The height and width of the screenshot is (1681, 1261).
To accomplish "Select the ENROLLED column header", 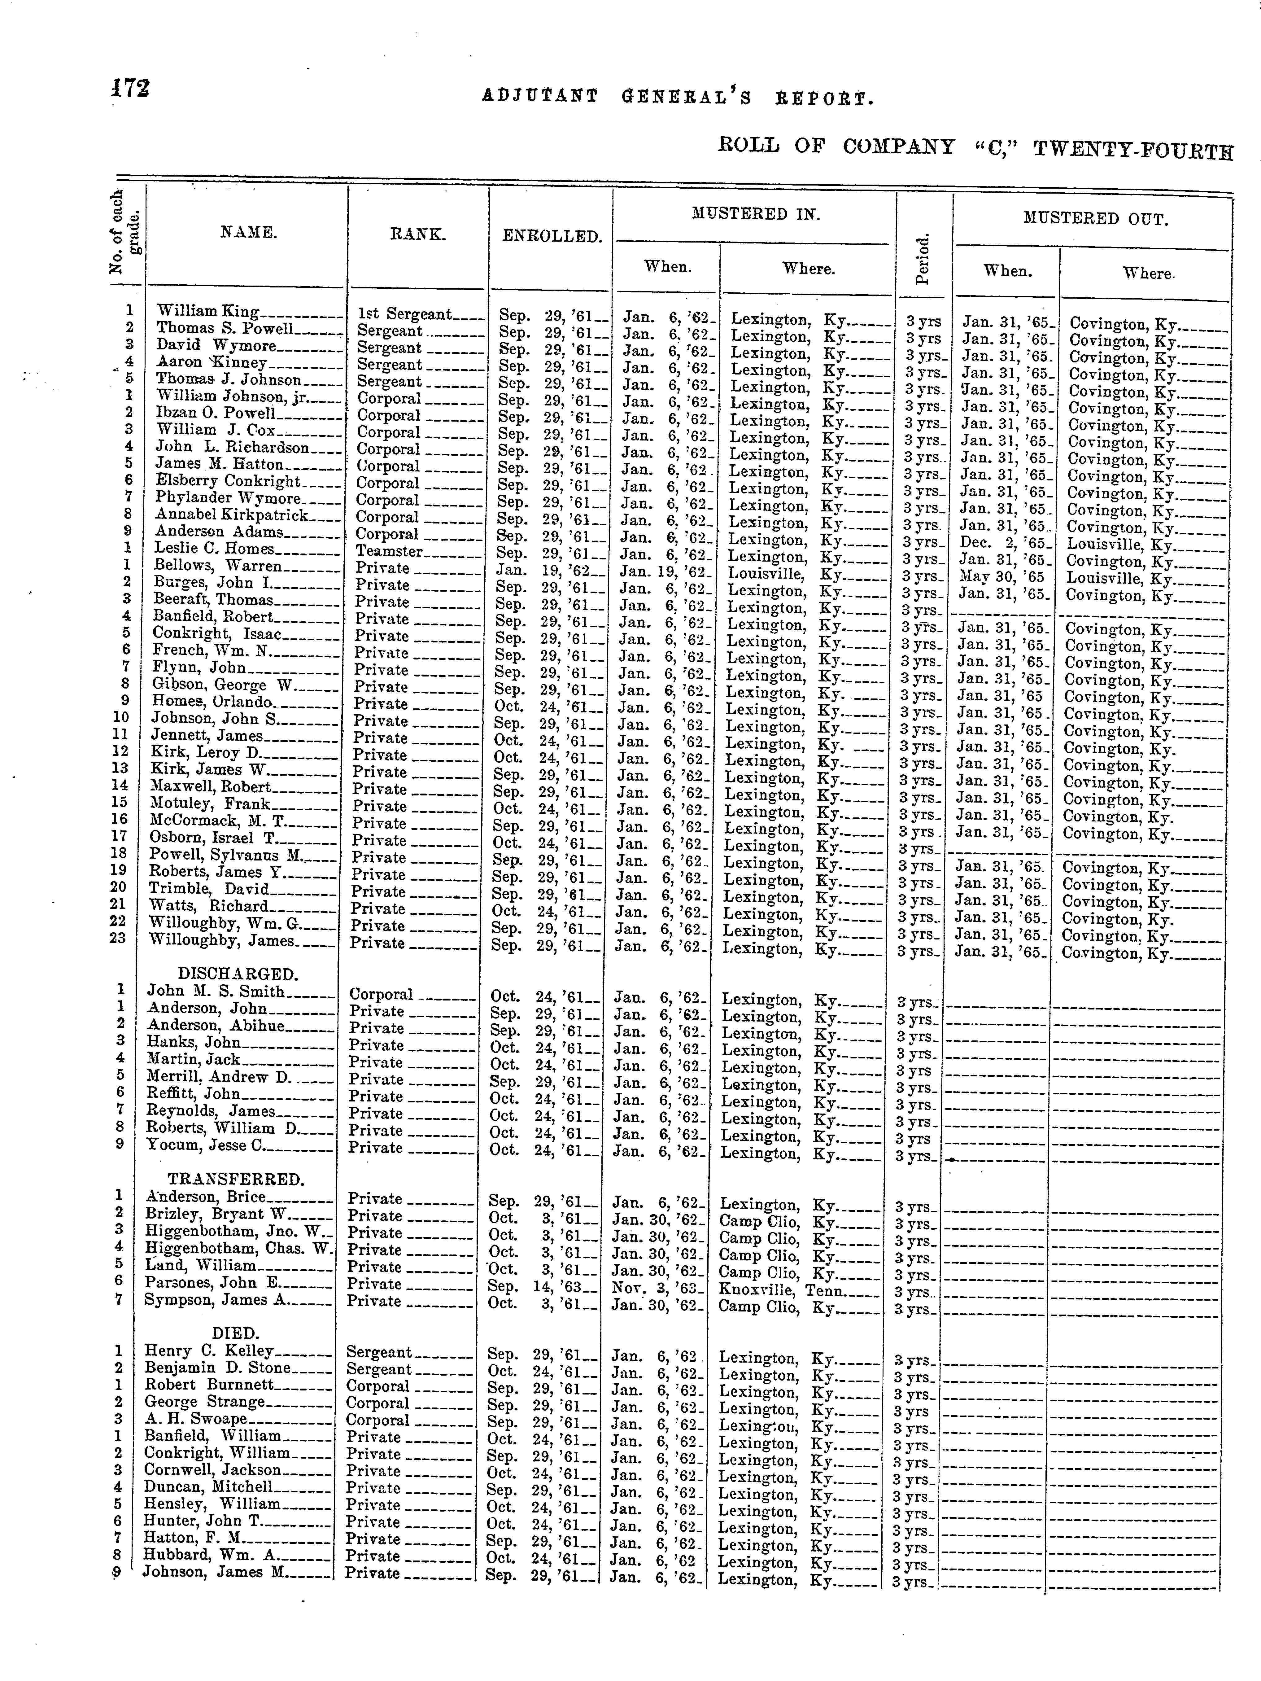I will pyautogui.click(x=552, y=236).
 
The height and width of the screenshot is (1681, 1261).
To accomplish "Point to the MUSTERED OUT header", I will pyautogui.click(x=1095, y=220).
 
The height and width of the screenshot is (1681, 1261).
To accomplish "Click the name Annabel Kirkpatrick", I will pyautogui.click(x=232, y=515).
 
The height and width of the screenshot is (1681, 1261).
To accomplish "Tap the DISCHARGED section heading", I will pyautogui.click(x=237, y=974).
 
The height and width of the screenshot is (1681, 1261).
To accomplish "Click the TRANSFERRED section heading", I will pyautogui.click(x=235, y=1180).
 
